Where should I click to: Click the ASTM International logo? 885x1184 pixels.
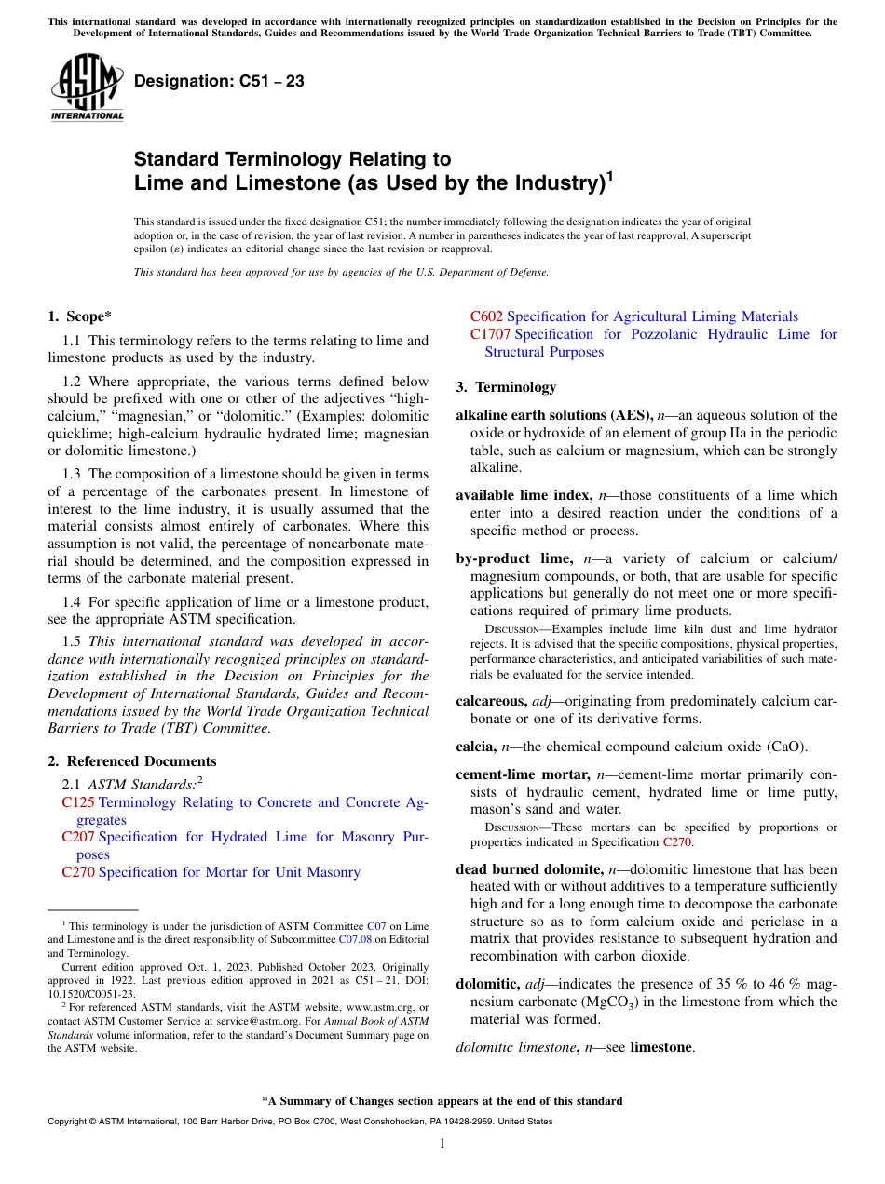[87, 88]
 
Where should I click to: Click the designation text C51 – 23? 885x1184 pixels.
[219, 82]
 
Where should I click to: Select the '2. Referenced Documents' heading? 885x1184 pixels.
[131, 761]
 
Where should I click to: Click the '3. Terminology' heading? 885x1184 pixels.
[506, 387]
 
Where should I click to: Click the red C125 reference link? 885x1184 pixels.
[78, 802]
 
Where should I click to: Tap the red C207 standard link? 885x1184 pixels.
[78, 837]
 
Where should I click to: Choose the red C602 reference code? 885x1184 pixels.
[486, 316]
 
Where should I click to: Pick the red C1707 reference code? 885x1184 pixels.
[490, 334]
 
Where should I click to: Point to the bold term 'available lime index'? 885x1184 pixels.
[524, 495]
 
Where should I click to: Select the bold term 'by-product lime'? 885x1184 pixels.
[513, 558]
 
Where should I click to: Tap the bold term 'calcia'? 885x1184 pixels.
[475, 746]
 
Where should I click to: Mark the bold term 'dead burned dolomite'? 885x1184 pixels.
[528, 868]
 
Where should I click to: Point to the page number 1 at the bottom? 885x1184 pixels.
[442, 1144]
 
